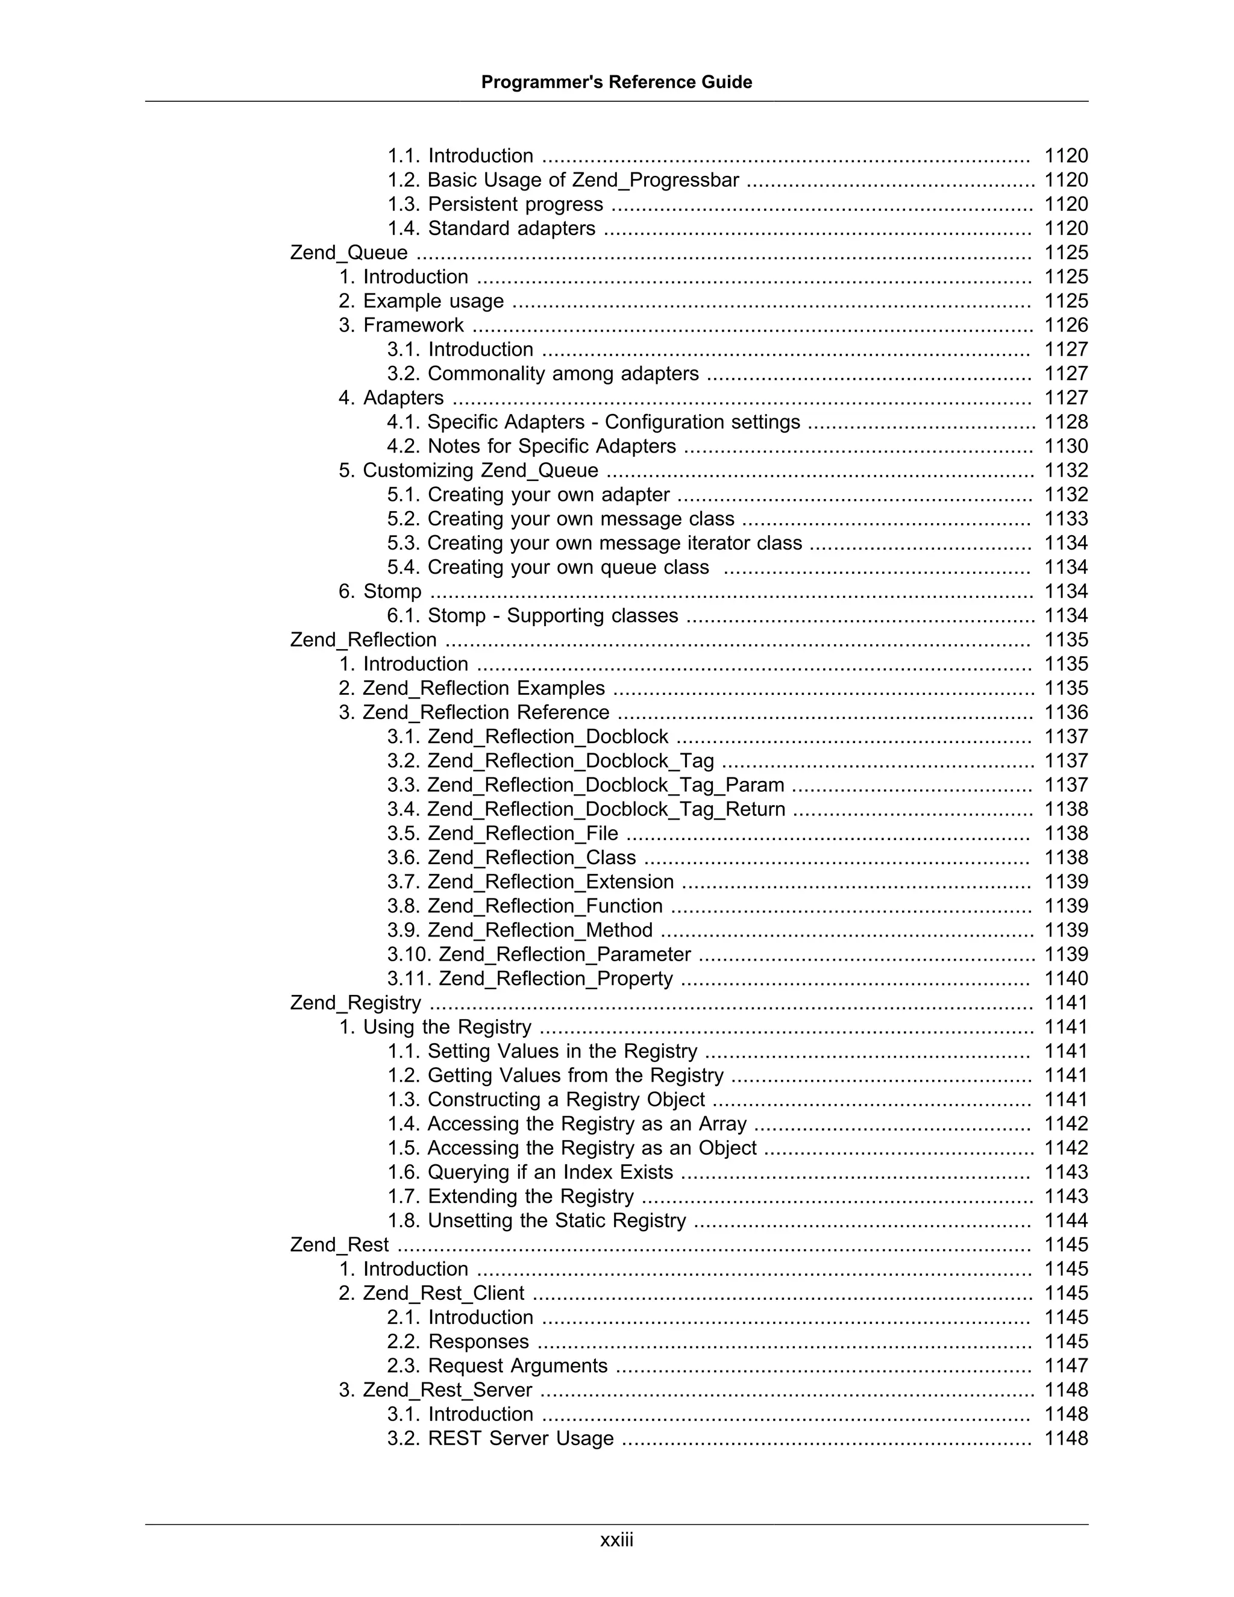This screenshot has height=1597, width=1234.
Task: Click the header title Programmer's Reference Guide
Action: (x=616, y=82)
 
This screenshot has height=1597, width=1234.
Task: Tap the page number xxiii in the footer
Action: (x=616, y=1540)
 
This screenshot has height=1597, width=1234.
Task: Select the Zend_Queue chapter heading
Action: (x=349, y=253)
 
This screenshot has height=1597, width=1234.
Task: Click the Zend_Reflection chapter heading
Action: (x=363, y=640)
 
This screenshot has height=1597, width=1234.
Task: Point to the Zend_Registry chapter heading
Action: (x=355, y=1003)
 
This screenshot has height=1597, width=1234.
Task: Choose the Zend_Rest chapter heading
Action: (x=339, y=1244)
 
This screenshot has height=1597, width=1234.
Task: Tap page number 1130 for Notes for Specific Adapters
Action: (x=1066, y=446)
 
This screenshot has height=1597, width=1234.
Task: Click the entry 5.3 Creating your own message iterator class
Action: (x=594, y=544)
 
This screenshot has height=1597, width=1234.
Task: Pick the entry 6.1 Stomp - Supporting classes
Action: (x=532, y=616)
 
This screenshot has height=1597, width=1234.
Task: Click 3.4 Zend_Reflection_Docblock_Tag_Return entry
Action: (x=586, y=809)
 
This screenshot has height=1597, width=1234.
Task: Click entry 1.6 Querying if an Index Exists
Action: (x=530, y=1172)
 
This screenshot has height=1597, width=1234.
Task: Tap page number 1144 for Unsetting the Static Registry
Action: (x=1066, y=1220)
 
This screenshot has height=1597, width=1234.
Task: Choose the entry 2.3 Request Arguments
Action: (x=497, y=1366)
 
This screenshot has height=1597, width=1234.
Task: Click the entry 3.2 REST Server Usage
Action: (x=500, y=1439)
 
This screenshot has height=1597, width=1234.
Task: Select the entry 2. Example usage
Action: (x=421, y=301)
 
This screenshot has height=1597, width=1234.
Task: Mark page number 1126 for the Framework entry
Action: (x=1066, y=325)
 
